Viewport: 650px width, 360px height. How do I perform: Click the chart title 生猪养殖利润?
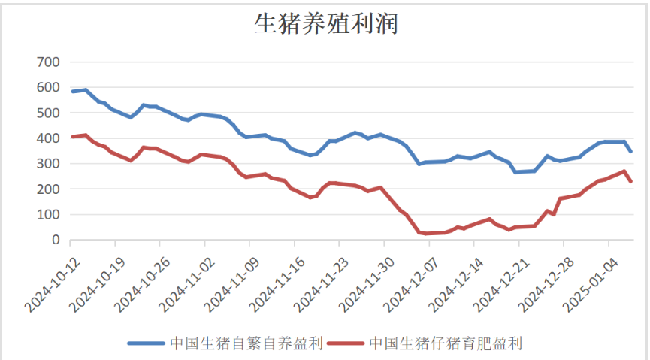[x=325, y=24]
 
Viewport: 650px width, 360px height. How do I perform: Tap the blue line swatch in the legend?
[x=147, y=344]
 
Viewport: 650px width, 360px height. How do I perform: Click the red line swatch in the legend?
[x=346, y=344]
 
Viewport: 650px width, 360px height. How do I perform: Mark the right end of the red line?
[x=631, y=181]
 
